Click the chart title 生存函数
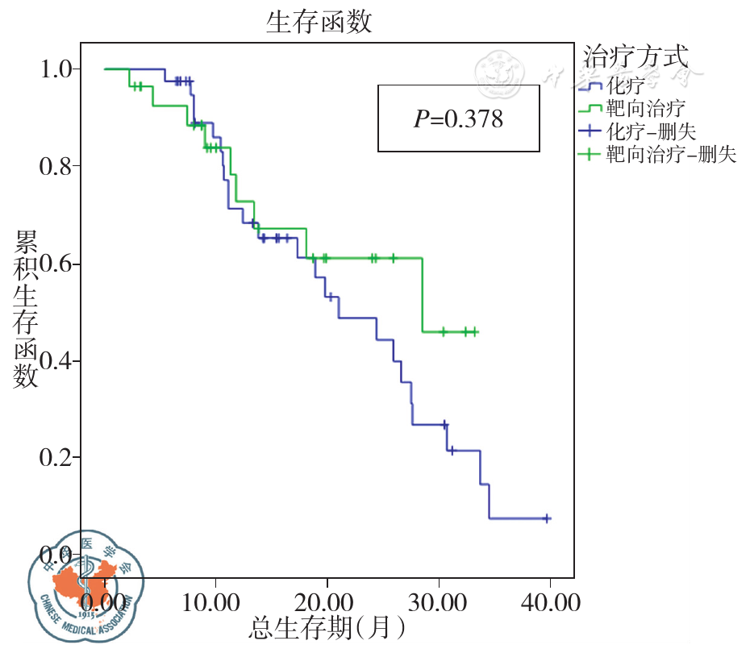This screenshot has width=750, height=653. pyautogui.click(x=319, y=23)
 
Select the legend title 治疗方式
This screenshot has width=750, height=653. pyautogui.click(x=635, y=57)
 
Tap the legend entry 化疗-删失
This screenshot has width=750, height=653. pyautogui.click(x=651, y=131)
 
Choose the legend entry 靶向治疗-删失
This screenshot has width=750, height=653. pyautogui.click(x=671, y=155)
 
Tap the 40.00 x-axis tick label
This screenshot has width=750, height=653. pyautogui.click(x=550, y=602)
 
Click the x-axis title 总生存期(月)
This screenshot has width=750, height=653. pyautogui.click(x=327, y=628)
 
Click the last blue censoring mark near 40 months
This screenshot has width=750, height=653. pyautogui.click(x=547, y=518)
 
